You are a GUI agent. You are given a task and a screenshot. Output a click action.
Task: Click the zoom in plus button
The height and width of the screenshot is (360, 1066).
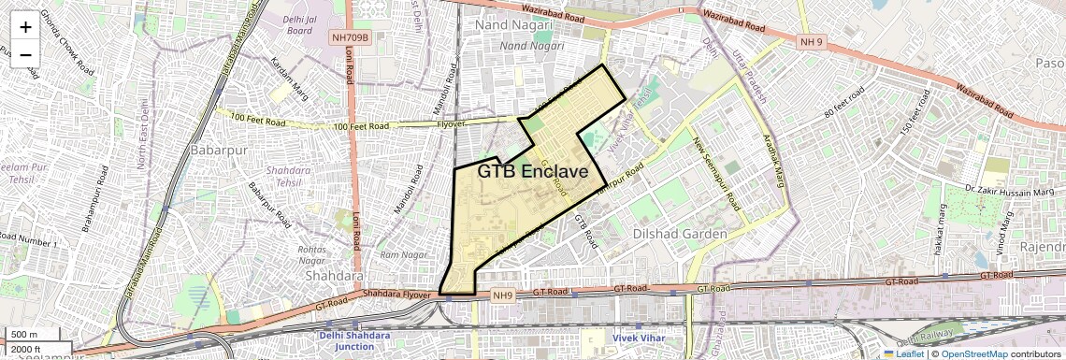pyautogui.click(x=25, y=27)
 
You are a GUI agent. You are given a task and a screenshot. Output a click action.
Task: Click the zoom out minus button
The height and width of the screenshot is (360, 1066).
pyautogui.click(x=25, y=55)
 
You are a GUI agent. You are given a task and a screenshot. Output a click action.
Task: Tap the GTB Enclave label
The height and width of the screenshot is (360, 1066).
pyautogui.click(x=532, y=172)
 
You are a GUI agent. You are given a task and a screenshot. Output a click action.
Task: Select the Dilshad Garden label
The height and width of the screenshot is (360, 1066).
pyautogui.click(x=680, y=233)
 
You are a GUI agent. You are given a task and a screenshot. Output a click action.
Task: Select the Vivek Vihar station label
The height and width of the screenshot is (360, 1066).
pyautogui.click(x=639, y=336)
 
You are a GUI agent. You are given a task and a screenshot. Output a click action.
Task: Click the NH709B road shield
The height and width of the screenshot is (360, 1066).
pyautogui.click(x=351, y=38)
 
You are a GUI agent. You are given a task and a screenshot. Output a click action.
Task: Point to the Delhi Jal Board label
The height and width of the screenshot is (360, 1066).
pyautogui.click(x=299, y=23)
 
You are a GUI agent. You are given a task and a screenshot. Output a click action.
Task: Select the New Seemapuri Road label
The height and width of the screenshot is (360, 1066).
pyautogui.click(x=716, y=173)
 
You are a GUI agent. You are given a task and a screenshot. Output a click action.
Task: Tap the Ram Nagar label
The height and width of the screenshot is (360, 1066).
pyautogui.click(x=403, y=254)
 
